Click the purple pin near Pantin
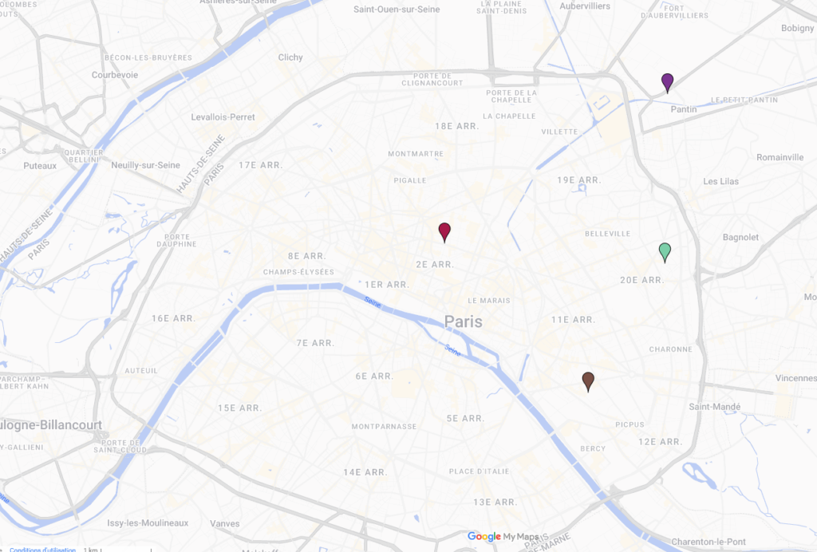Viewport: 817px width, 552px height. coord(668,81)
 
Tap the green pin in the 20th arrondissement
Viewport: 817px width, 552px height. coord(665,251)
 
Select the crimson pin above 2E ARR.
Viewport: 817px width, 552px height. coord(444,231)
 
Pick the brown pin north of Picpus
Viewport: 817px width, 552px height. coord(588,380)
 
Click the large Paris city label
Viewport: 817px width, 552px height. coord(464,321)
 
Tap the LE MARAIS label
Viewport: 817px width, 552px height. coord(489,301)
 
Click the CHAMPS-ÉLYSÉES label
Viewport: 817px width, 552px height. coord(296,272)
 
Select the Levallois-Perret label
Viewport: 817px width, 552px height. coord(223,117)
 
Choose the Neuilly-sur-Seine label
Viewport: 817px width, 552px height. coord(146,165)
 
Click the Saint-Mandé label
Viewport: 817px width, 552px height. coord(715,407)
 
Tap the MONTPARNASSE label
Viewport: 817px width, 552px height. coord(384,427)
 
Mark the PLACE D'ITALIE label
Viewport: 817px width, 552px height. coord(479,472)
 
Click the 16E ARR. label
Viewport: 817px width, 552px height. coord(173,318)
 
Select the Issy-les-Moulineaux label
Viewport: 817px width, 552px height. coord(148,523)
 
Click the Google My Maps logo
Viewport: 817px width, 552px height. coord(503,537)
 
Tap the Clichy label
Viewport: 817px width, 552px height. coord(290,57)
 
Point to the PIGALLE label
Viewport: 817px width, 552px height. coord(410,180)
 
